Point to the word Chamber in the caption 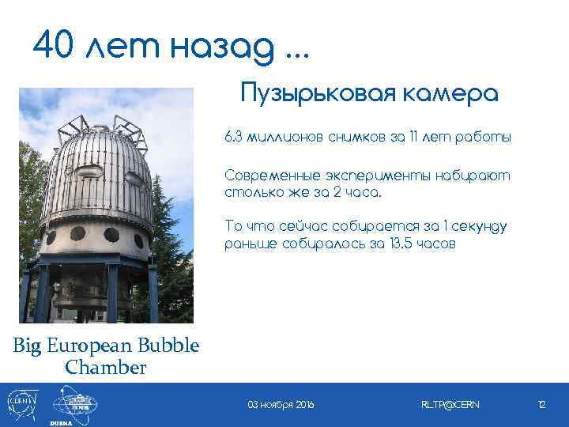106,368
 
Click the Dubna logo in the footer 75,405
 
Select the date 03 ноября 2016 281,405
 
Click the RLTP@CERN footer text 450,405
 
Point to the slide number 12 541,405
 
